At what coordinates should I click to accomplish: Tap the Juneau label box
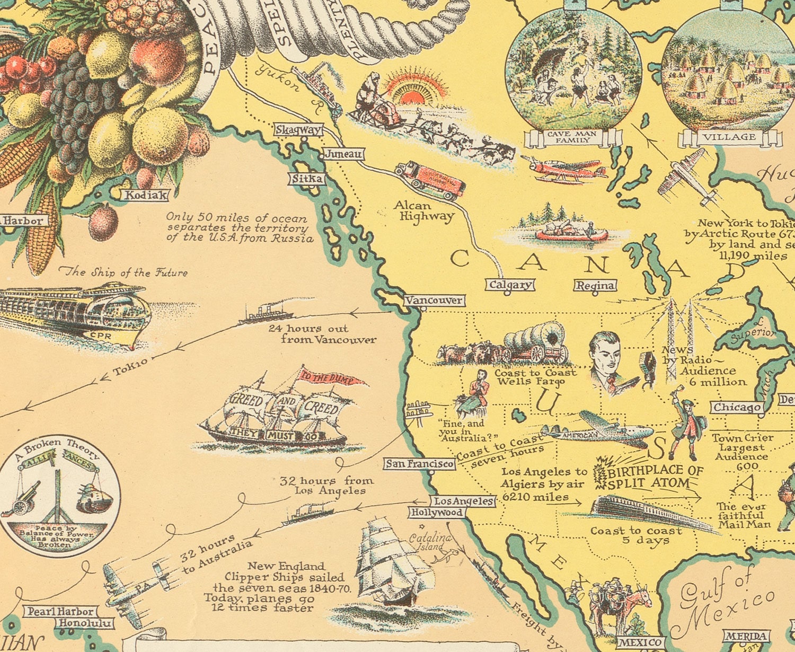click(x=343, y=154)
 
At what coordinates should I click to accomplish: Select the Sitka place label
click(x=307, y=179)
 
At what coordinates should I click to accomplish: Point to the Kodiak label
click(x=145, y=195)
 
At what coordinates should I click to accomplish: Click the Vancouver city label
click(x=434, y=301)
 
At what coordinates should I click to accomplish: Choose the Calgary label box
click(x=510, y=285)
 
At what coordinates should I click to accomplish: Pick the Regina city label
click(x=596, y=286)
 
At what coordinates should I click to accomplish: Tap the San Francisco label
click(x=420, y=464)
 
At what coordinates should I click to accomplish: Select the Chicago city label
click(x=737, y=408)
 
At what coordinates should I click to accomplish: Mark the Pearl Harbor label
click(x=60, y=612)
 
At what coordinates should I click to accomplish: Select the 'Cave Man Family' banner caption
click(x=572, y=137)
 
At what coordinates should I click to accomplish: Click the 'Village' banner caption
click(x=729, y=137)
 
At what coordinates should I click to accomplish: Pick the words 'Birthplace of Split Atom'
click(x=655, y=477)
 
